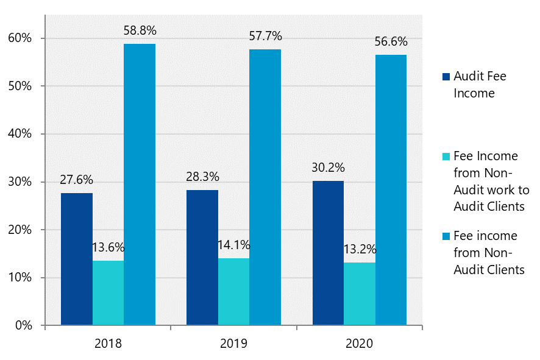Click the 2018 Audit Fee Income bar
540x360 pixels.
click(77, 259)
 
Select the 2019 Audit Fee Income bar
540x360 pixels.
click(202, 258)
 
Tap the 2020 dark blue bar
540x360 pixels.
click(328, 253)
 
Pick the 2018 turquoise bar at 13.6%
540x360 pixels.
click(108, 293)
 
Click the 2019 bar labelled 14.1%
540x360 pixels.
click(233, 292)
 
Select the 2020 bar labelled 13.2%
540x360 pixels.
click(360, 294)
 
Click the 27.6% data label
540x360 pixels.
click(76, 180)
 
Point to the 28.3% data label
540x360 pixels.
click(202, 177)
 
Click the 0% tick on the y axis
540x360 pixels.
click(23, 326)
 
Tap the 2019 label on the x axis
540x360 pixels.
click(233, 344)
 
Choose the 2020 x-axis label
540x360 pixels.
click(359, 344)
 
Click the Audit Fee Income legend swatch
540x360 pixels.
click(446, 77)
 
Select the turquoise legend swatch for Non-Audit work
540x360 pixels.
click(446, 157)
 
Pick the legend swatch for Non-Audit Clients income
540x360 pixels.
click(446, 236)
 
